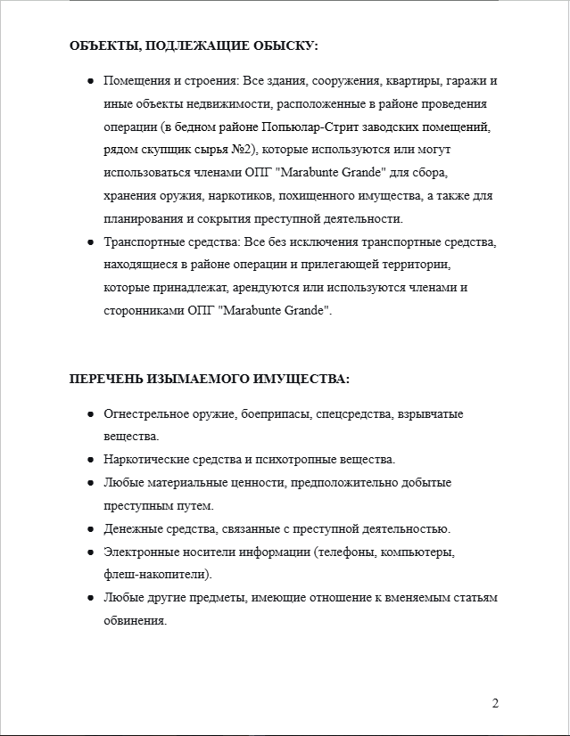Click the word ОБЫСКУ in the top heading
coord(287,45)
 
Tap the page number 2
coord(495,704)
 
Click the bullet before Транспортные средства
coord(91,241)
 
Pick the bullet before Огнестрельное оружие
coord(91,414)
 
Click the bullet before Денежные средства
coord(91,529)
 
